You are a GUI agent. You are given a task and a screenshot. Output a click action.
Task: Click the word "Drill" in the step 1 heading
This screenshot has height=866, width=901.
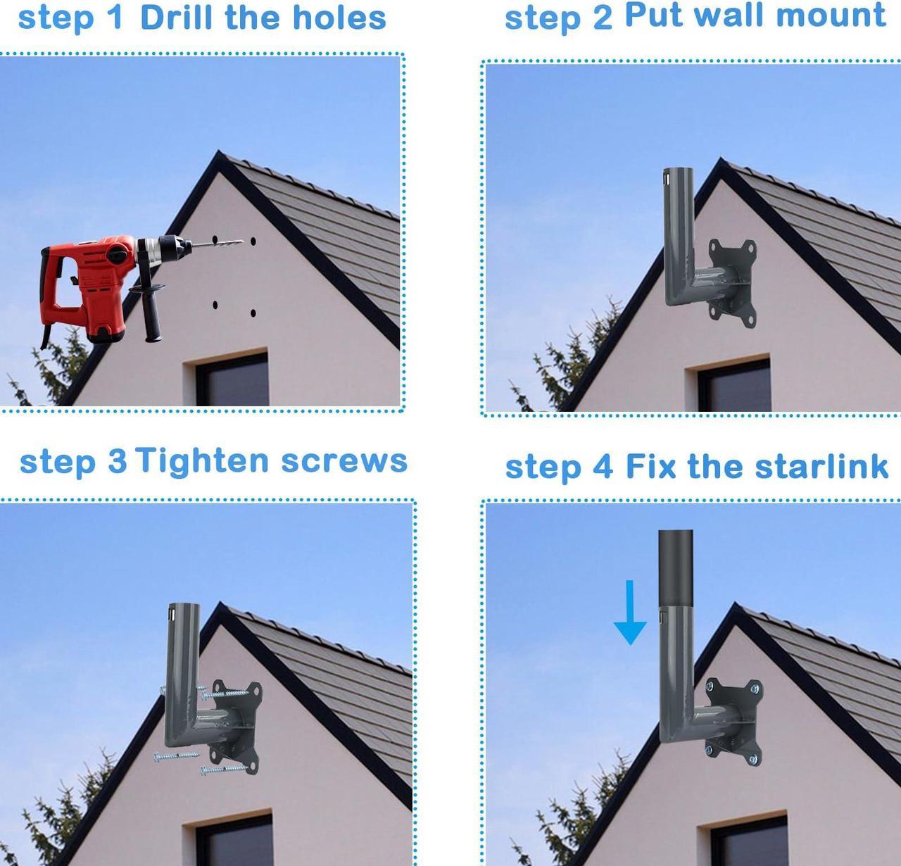pyautogui.click(x=176, y=17)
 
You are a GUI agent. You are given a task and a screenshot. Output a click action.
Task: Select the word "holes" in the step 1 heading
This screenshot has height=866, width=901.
pyautogui.click(x=339, y=17)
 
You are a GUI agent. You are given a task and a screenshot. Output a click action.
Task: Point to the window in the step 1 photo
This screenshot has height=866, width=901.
pyautogui.click(x=232, y=379)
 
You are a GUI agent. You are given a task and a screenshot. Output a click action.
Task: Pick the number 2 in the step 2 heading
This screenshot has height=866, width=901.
pyautogui.click(x=603, y=18)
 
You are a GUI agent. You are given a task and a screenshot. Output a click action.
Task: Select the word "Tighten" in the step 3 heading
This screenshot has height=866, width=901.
pyautogui.click(x=202, y=462)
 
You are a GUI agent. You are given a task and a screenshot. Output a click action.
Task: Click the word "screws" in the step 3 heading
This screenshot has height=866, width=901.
pyautogui.click(x=344, y=462)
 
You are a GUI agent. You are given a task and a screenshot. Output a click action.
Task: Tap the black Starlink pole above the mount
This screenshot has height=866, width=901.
pyautogui.click(x=676, y=568)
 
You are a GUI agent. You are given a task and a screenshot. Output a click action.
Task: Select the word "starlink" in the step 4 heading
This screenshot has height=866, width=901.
pyautogui.click(x=822, y=465)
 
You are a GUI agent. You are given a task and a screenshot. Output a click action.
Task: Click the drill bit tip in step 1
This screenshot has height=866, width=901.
pyautogui.click(x=243, y=241)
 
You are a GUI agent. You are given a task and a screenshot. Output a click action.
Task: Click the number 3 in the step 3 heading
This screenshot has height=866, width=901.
pyautogui.click(x=117, y=462)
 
